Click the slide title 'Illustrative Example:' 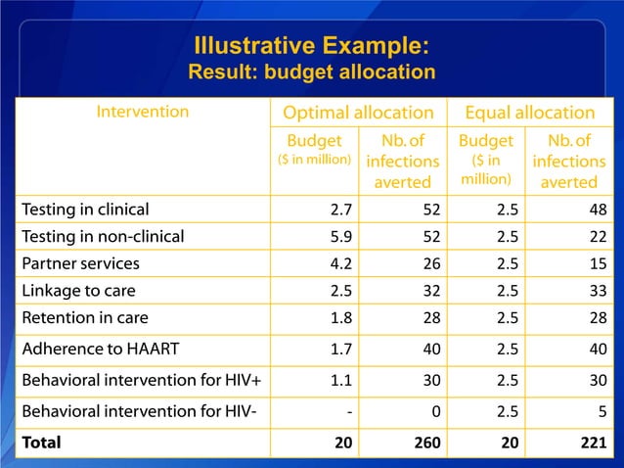pyautogui.click(x=311, y=46)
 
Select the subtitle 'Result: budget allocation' pyautogui.click(x=311, y=72)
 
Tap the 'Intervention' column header pyautogui.click(x=142, y=112)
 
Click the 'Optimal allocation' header pyautogui.click(x=358, y=113)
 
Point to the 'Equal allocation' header pyautogui.click(x=529, y=113)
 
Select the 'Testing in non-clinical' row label pyautogui.click(x=103, y=236)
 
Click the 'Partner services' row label pyautogui.click(x=80, y=263)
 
